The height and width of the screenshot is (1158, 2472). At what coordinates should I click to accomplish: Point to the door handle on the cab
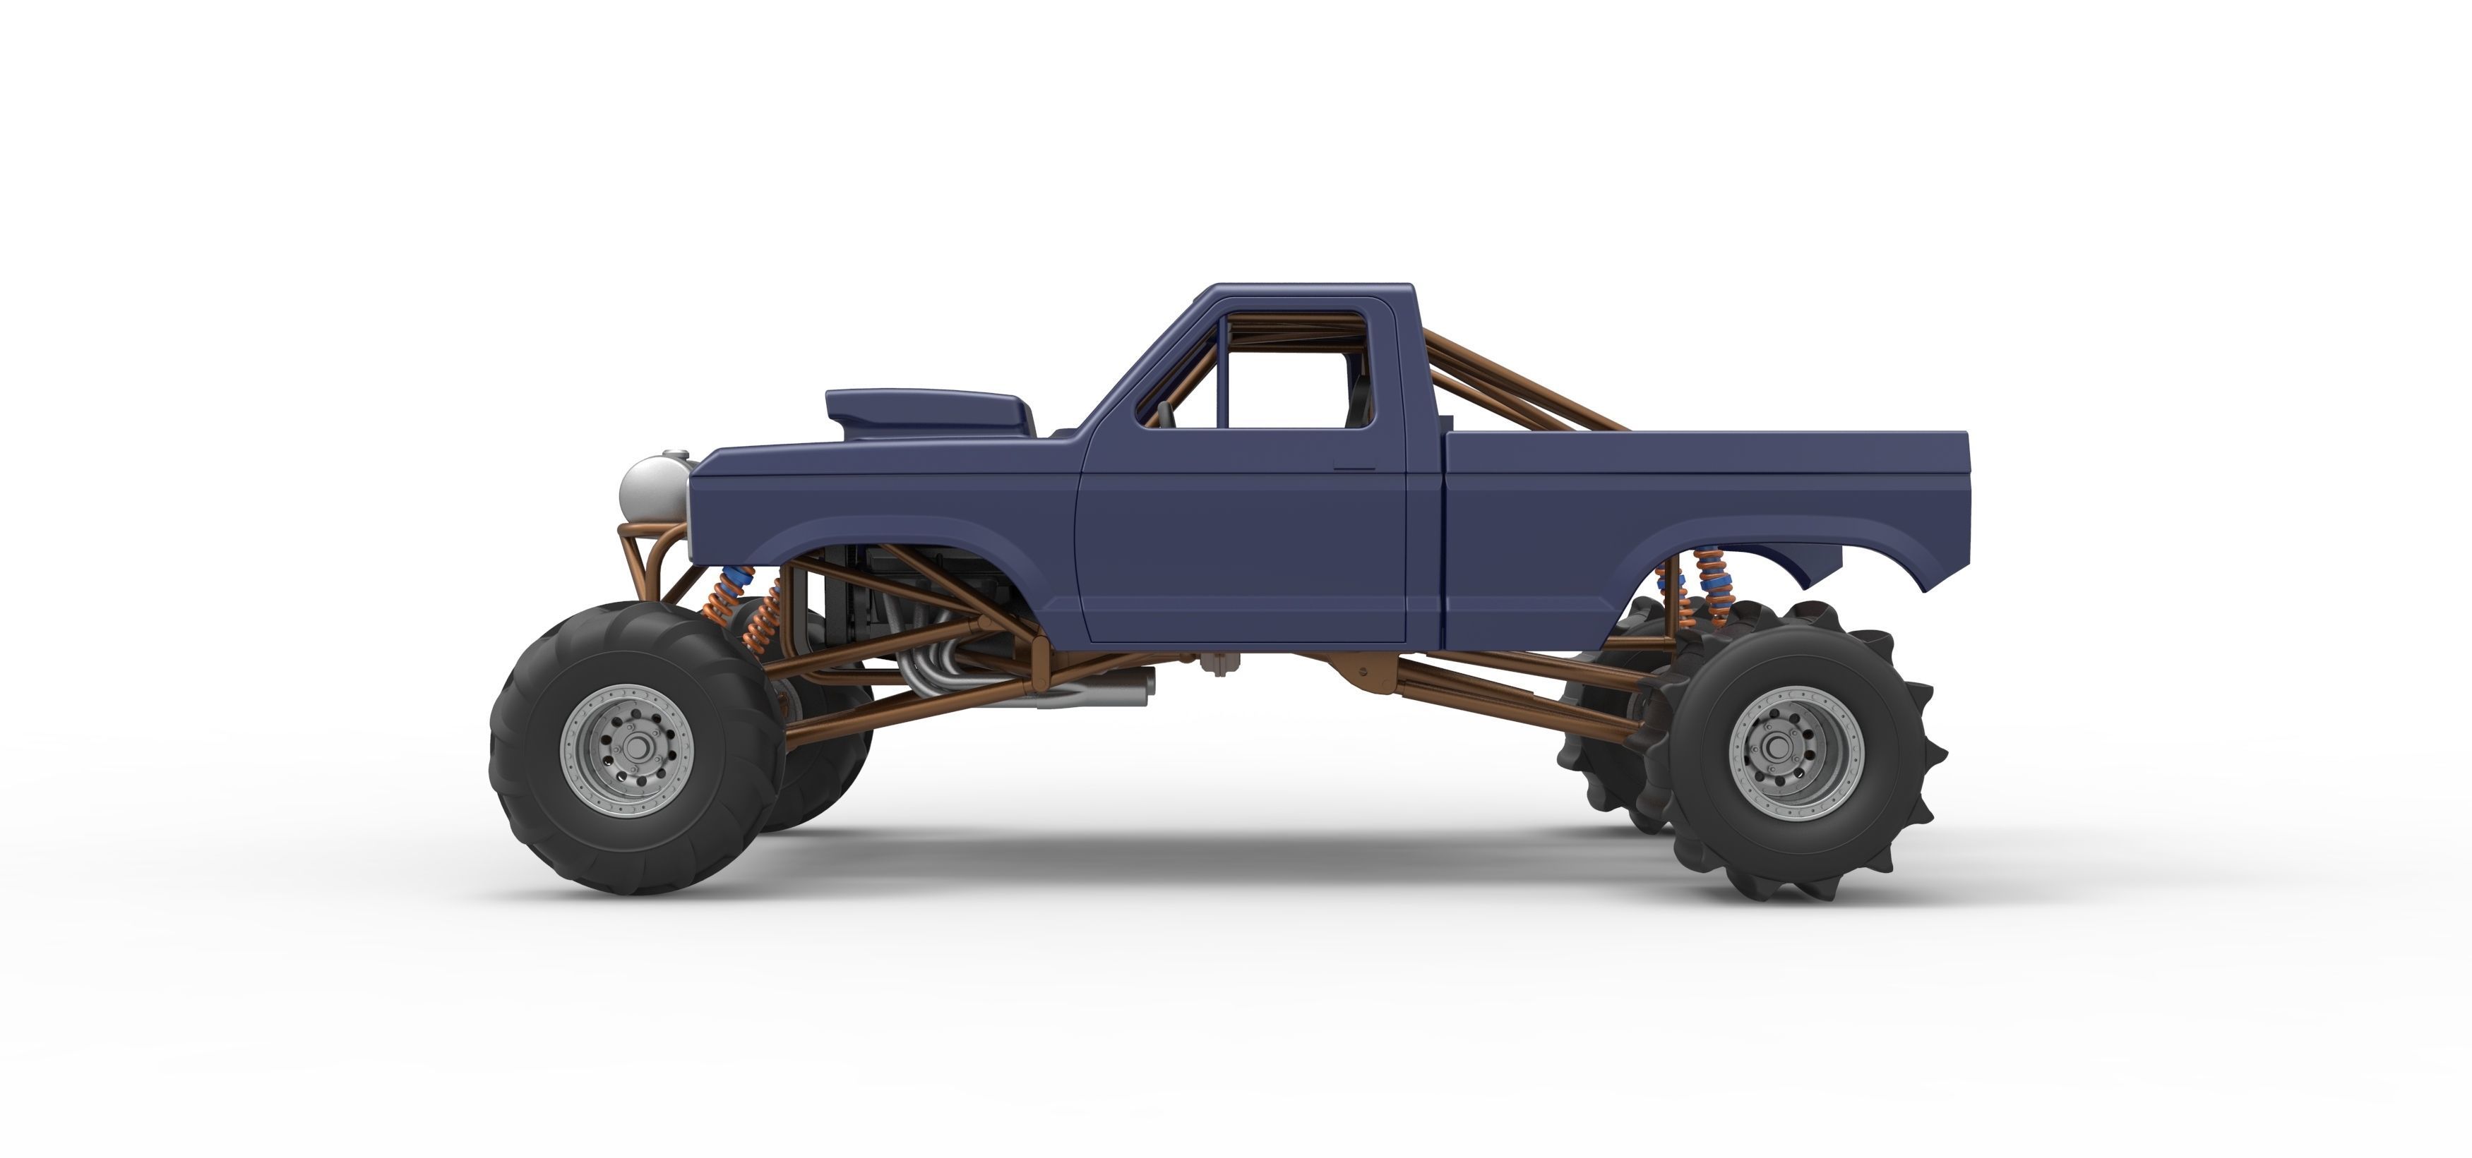tap(1354, 468)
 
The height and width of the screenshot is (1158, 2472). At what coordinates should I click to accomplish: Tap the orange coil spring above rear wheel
tap(1709, 587)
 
